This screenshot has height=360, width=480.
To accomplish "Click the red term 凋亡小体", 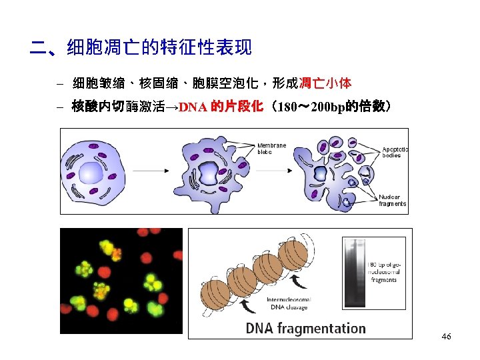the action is (325, 83).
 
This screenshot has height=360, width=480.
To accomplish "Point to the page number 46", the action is (446, 337).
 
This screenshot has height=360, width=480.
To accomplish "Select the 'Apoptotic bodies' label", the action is (395, 151).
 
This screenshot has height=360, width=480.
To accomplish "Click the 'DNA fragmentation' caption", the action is (305, 328).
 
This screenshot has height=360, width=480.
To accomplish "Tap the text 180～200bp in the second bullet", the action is (313, 107).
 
